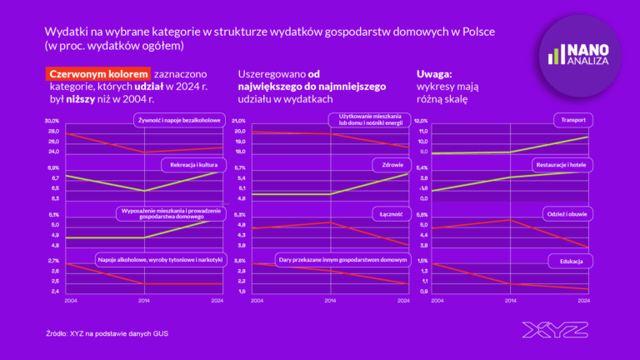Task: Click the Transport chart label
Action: (571, 121)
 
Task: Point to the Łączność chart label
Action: (391, 214)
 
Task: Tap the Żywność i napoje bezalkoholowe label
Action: (180, 121)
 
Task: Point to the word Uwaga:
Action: (433, 74)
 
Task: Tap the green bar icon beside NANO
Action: (553, 56)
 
